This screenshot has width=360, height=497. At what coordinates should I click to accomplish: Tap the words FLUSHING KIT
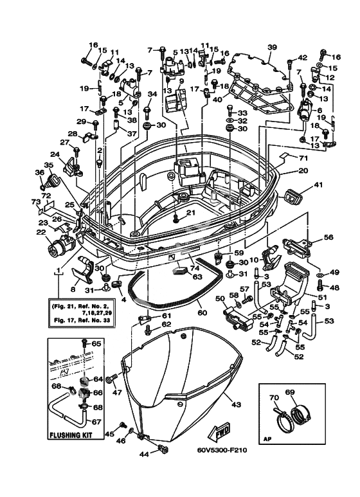71,435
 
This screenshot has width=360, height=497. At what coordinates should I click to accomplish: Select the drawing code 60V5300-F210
221,451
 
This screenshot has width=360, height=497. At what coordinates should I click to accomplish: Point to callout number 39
272,48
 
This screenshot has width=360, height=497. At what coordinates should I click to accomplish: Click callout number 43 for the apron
237,404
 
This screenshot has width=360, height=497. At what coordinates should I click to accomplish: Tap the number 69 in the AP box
290,392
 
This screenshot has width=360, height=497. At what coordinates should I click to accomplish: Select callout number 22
41,232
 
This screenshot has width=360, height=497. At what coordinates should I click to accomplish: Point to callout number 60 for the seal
203,312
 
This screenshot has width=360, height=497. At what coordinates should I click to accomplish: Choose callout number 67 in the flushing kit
96,422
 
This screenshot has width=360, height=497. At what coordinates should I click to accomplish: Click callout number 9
181,81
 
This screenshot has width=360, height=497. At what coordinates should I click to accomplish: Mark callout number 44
144,454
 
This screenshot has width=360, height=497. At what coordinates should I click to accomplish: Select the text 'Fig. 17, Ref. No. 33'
80,320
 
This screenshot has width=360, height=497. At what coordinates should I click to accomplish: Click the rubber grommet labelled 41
291,196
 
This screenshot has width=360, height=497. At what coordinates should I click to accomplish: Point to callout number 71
303,158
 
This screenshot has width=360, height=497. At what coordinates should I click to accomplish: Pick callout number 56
328,237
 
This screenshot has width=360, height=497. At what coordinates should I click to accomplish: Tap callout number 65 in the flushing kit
96,343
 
